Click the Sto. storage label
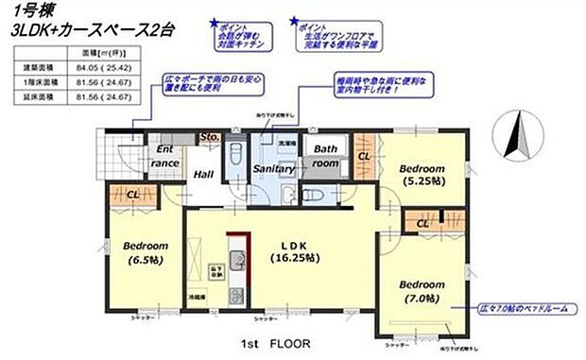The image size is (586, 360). (210, 138)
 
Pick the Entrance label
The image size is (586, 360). (164, 156)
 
